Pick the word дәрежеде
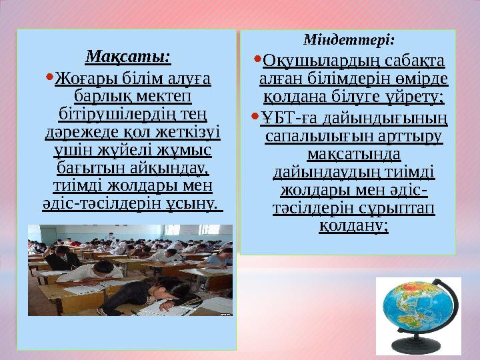[x=82, y=130]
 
